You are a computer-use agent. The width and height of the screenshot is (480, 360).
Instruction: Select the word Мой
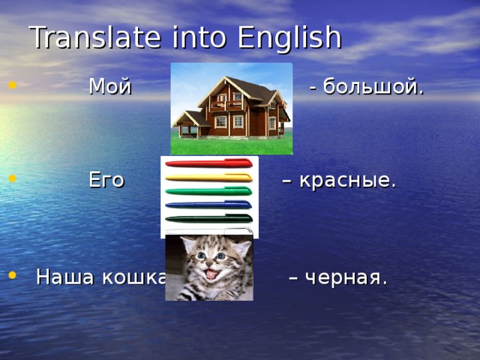(x=109, y=87)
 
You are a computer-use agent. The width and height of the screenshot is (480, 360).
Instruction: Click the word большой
(x=373, y=88)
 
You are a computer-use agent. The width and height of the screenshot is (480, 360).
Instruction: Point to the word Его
(x=106, y=180)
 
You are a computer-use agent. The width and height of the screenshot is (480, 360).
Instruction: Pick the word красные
(x=347, y=181)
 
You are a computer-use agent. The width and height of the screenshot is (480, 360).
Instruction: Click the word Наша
(x=64, y=277)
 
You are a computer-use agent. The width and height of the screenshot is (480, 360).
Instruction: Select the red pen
(x=208, y=163)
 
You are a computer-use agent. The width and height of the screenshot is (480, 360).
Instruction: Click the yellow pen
(x=208, y=178)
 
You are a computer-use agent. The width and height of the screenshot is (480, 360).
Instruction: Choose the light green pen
(x=208, y=190)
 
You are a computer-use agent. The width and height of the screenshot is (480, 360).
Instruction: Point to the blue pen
(x=208, y=204)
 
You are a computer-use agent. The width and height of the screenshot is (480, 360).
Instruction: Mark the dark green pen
(x=208, y=218)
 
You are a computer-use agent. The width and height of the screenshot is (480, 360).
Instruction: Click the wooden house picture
(x=231, y=109)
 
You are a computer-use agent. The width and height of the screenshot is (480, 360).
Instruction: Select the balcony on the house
(x=225, y=105)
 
